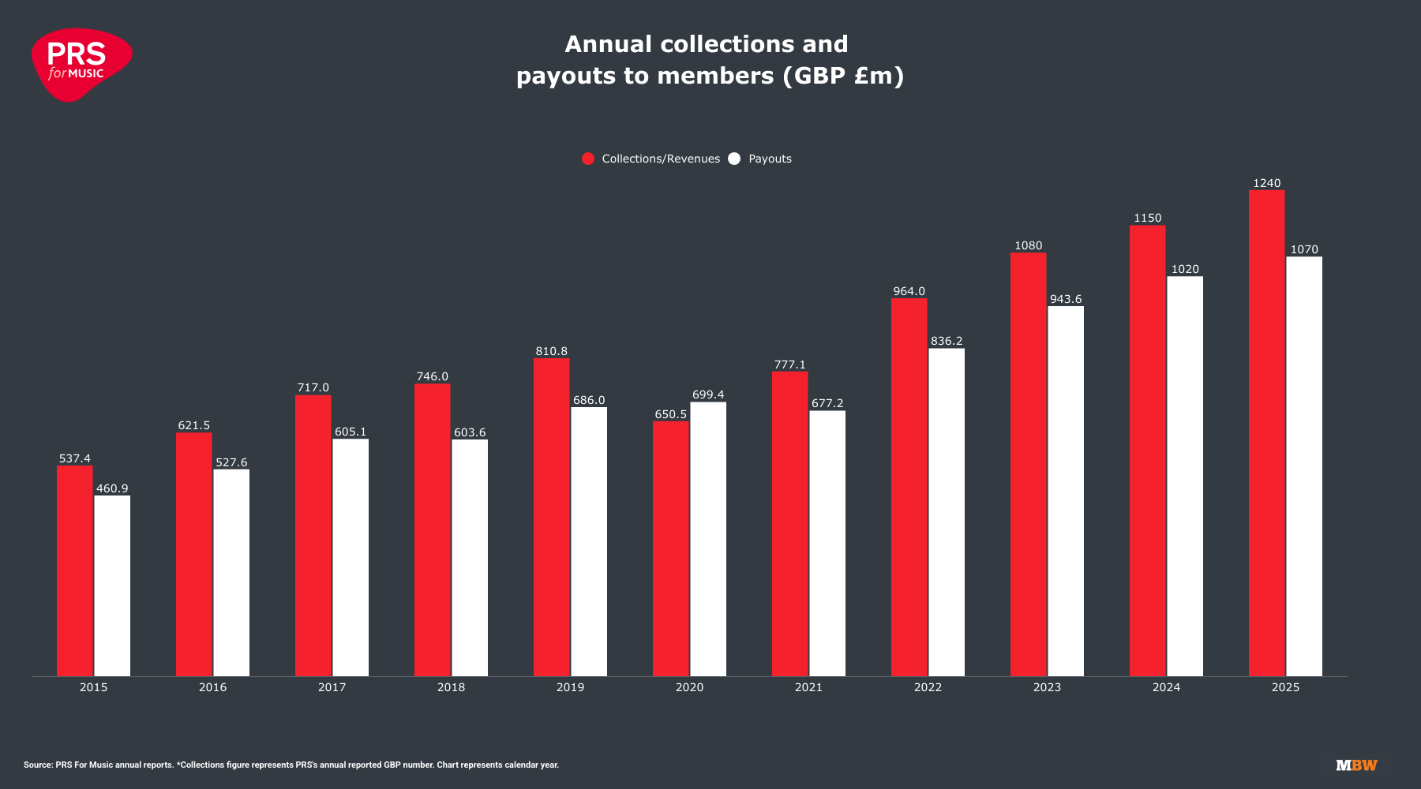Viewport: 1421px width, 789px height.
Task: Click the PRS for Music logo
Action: click(81, 64)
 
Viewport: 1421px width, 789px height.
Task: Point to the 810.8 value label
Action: click(551, 351)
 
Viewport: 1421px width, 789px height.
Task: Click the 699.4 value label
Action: click(708, 394)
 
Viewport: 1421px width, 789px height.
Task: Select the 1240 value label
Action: click(1266, 183)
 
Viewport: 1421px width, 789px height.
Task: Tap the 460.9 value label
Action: click(112, 488)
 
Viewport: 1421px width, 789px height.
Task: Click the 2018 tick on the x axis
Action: click(451, 687)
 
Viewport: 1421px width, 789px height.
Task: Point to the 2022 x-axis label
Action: click(928, 687)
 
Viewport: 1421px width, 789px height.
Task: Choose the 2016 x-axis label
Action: click(212, 687)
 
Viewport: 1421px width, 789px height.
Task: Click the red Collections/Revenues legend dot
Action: click(588, 159)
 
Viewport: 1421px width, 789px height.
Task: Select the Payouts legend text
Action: click(770, 159)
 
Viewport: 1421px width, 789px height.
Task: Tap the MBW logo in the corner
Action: click(1356, 765)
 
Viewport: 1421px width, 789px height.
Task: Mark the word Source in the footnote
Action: click(38, 765)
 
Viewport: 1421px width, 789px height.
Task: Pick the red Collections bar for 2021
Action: click(789, 524)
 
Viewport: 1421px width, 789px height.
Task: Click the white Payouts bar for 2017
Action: click(351, 557)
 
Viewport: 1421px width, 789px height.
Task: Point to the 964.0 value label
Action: click(909, 291)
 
